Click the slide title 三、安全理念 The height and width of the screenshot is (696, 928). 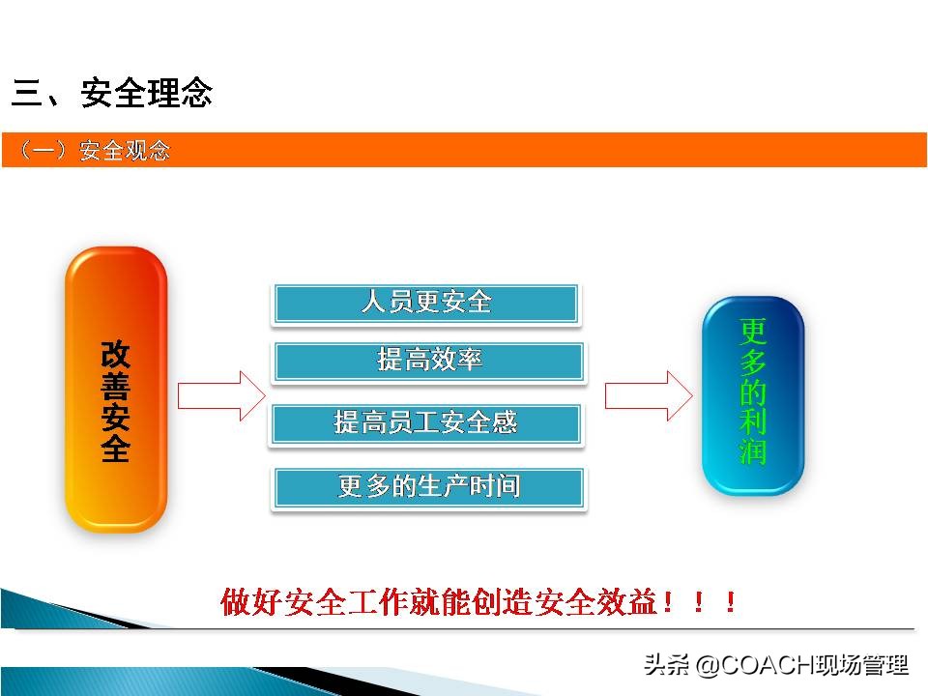pyautogui.click(x=112, y=94)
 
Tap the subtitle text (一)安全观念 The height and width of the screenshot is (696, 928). pyautogui.click(x=94, y=151)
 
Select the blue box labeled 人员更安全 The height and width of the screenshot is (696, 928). pyautogui.click(x=426, y=304)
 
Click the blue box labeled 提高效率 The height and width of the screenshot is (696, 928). pyautogui.click(x=429, y=362)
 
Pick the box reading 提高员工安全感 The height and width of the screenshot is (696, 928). pyautogui.click(x=425, y=423)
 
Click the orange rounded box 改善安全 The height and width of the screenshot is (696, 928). pyautogui.click(x=116, y=389)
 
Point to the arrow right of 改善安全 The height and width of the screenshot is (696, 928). pyautogui.click(x=220, y=395)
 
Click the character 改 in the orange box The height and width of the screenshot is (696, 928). pyautogui.click(x=115, y=355)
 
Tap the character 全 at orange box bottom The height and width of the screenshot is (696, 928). pyautogui.click(x=115, y=449)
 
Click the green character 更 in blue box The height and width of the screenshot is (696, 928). pyautogui.click(x=753, y=333)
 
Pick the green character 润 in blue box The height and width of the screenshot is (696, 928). pyautogui.click(x=753, y=451)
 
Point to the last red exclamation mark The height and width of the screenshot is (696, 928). pyautogui.click(x=731, y=604)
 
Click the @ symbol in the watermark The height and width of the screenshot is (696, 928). pyautogui.click(x=707, y=666)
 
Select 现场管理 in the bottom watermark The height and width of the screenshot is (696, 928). pyautogui.click(x=861, y=666)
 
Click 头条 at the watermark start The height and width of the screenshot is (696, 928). pyautogui.click(x=667, y=666)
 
